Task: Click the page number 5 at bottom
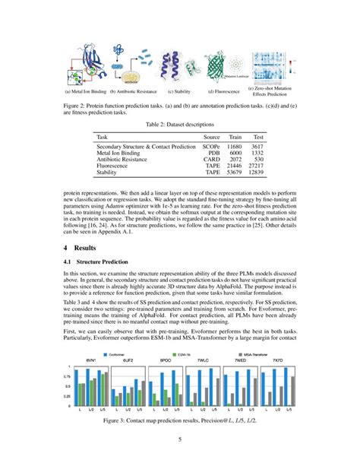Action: (180, 439)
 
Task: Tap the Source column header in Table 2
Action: (210, 136)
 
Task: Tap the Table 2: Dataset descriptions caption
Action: (180, 123)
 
